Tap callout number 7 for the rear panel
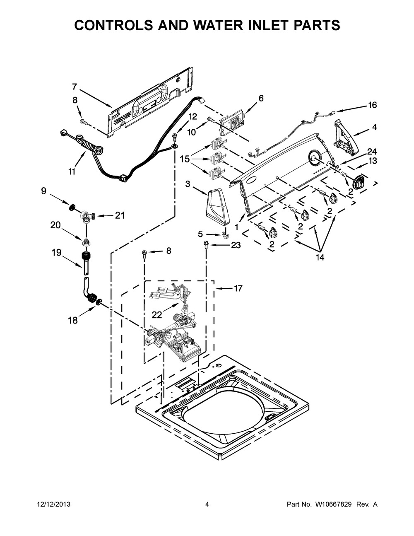point(74,87)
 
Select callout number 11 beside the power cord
point(72,171)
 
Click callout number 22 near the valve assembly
point(157,315)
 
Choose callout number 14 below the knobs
point(320,257)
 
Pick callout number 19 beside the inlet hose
point(56,252)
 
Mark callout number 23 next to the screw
point(235,245)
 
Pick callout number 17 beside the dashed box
point(238,288)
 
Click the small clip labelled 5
point(226,235)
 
